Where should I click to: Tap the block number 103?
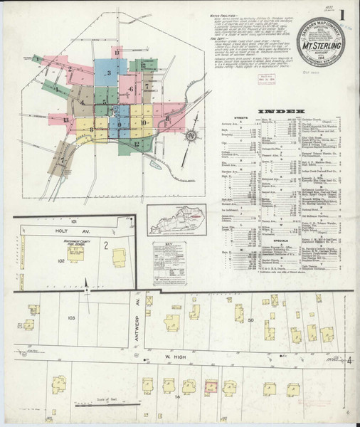click(70, 317)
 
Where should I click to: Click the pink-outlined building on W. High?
click(211, 386)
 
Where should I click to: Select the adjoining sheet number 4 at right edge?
click(350, 362)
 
